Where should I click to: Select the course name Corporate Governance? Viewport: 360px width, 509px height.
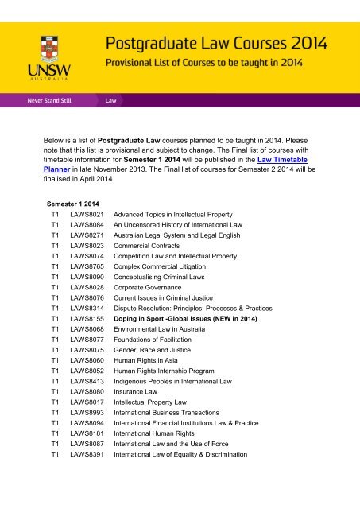[149, 293]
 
